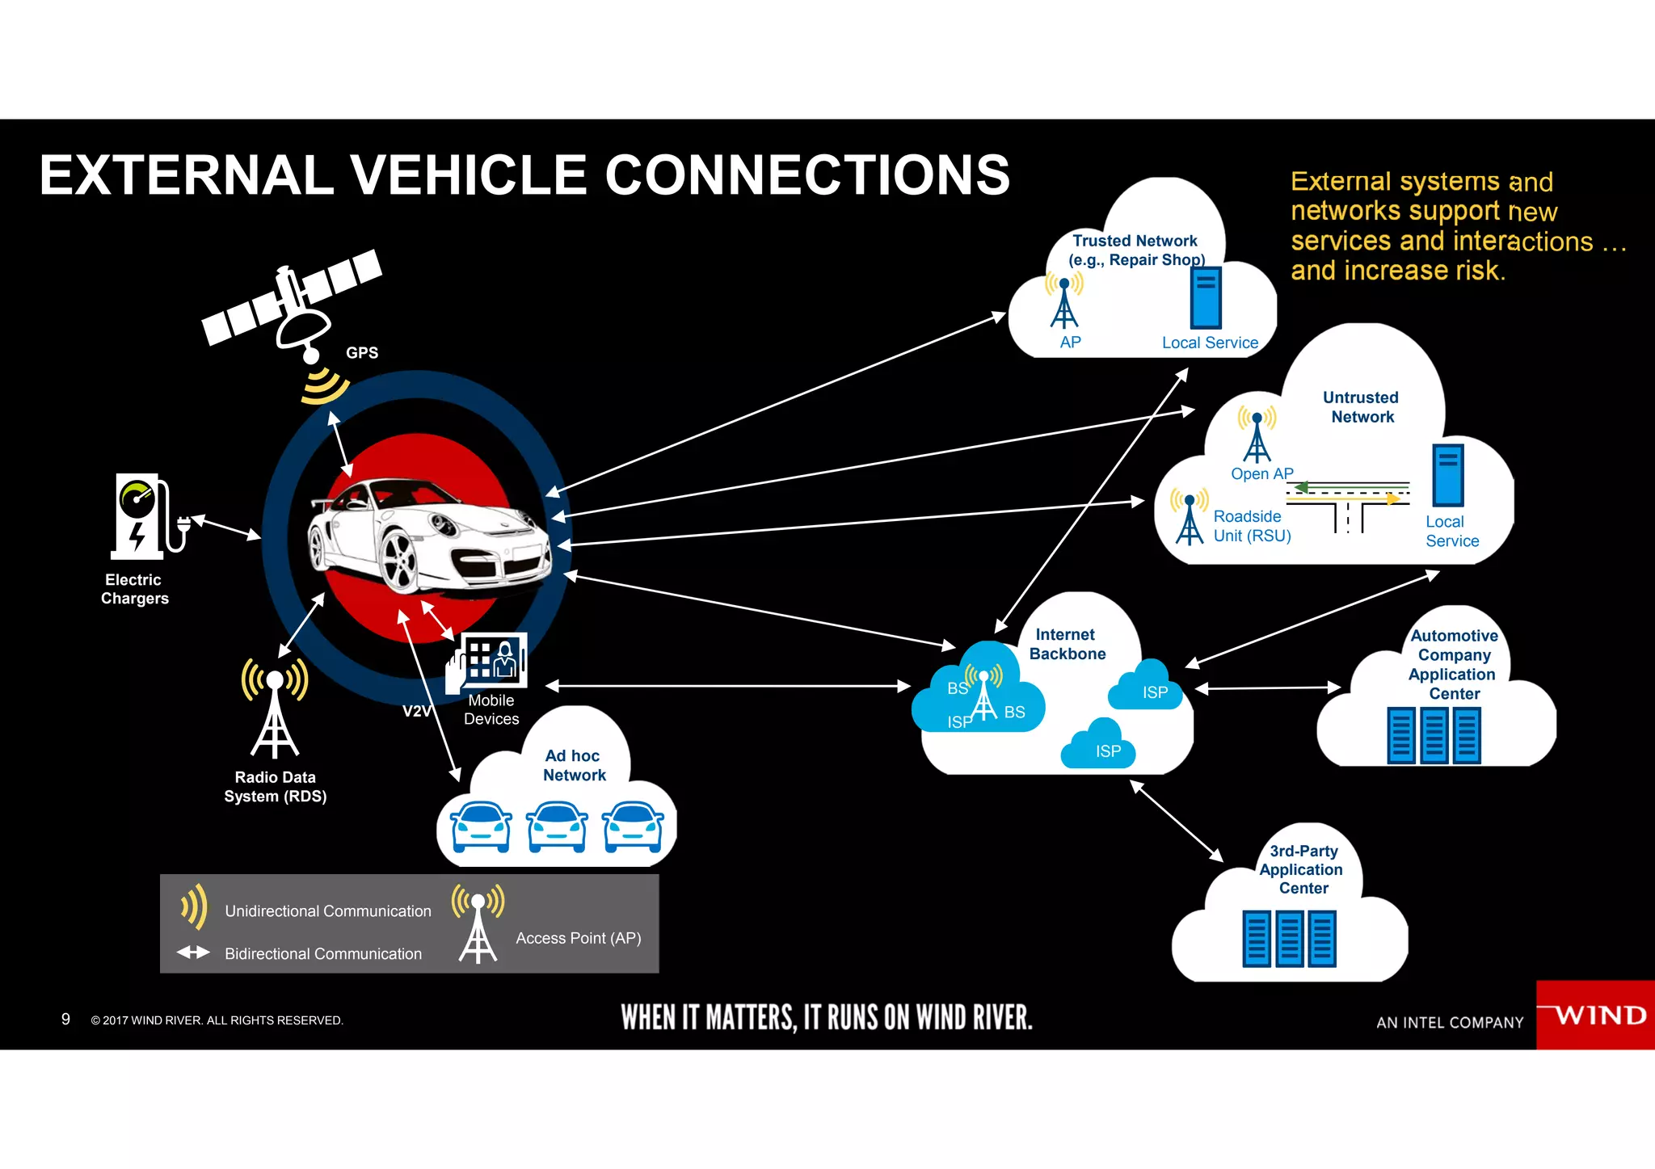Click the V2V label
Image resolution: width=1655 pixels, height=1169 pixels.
click(417, 712)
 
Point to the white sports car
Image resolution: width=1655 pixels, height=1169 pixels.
click(428, 536)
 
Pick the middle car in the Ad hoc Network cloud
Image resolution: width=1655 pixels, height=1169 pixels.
click(557, 826)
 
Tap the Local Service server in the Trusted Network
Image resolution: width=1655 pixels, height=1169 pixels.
click(1205, 298)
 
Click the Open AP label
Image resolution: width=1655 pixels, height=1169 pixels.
click(1261, 474)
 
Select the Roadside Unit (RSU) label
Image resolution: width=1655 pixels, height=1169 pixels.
click(1251, 526)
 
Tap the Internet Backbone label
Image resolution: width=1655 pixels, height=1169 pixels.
click(1067, 645)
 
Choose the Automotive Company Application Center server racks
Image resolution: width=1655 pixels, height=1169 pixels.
click(1434, 735)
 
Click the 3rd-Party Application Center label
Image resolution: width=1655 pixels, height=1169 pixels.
click(1302, 870)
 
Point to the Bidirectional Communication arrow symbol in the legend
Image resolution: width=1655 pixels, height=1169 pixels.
click(193, 952)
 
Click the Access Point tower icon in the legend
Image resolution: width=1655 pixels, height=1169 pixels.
click(478, 925)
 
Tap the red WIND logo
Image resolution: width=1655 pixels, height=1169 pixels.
click(1595, 1015)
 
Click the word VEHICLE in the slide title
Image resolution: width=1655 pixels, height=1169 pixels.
click(468, 175)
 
